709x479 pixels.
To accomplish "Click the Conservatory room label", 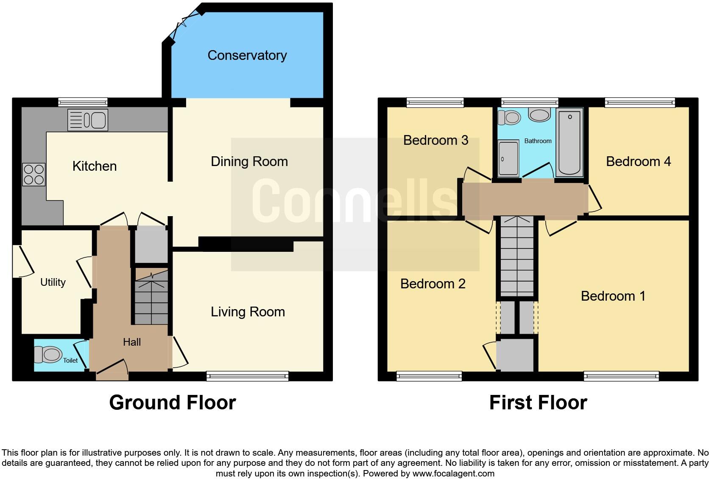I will coord(247,55).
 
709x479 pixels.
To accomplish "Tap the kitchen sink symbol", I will coord(88,120).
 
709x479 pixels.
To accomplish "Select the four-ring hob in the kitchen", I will coord(34,175).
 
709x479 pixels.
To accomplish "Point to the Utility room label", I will coord(53,282).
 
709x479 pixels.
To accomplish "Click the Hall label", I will coord(131,342).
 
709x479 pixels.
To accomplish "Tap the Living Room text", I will coord(248,312).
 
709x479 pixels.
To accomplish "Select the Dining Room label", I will coord(249,161).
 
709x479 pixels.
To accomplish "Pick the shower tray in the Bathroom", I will coord(508,159).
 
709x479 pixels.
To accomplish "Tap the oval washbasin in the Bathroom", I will coord(539,115).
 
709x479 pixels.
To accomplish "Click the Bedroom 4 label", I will coord(638,161).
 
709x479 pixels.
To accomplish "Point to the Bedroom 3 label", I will coord(435,140).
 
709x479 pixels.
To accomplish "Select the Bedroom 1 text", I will coord(613,296).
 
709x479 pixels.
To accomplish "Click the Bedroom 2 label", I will coord(433,284).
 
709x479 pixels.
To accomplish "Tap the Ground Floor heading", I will coord(172,403).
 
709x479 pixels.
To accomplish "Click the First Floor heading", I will coord(538,403).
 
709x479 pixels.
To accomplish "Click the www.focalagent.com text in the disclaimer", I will coord(453,473).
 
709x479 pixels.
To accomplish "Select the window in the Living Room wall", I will coord(248,375).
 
